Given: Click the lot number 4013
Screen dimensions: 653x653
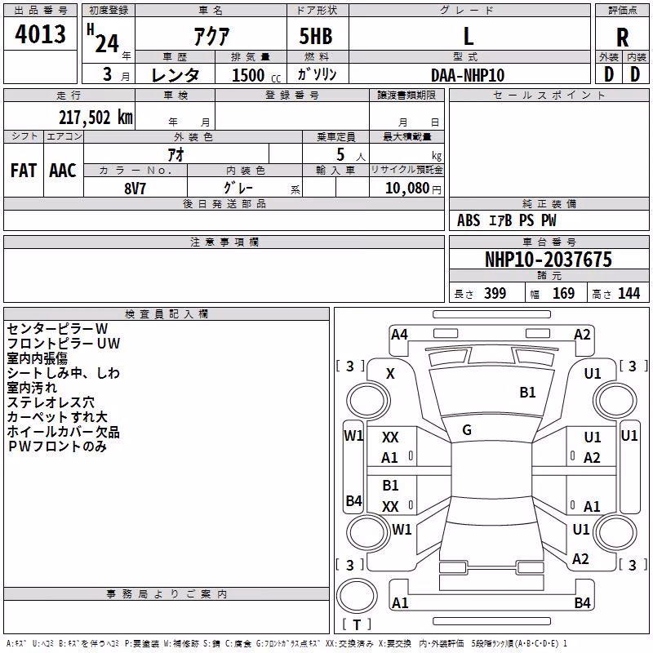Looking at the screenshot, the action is tap(40, 34).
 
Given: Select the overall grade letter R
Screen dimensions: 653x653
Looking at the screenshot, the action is tap(622, 38).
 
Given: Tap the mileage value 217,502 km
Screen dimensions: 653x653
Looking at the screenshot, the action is tap(96, 118).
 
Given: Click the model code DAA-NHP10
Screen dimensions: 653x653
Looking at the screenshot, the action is tap(468, 75).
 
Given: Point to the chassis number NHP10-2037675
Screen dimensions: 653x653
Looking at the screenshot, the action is tap(549, 260).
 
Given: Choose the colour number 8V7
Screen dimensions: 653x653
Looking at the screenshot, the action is tap(135, 189).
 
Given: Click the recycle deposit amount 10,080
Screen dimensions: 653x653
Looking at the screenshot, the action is tap(406, 189).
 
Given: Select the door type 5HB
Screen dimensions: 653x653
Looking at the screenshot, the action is tap(316, 36).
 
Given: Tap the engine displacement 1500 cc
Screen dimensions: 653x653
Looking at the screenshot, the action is tap(256, 75).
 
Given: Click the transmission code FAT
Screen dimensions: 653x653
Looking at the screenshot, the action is tap(24, 171).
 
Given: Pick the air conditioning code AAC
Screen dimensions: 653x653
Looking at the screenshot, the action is tap(63, 171).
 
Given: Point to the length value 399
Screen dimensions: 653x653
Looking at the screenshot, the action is tap(495, 293).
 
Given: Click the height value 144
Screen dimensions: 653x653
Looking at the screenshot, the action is tap(629, 293).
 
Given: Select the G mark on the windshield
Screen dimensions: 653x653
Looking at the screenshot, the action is tap(467, 430).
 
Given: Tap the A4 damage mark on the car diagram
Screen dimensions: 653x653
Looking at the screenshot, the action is tap(399, 335).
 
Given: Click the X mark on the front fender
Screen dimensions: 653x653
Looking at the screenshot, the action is tap(390, 374).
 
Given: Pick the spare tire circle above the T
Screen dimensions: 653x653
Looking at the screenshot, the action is tap(357, 596).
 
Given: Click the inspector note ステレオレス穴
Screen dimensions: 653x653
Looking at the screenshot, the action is tap(51, 402).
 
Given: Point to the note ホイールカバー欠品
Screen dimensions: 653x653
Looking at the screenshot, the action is tap(64, 432).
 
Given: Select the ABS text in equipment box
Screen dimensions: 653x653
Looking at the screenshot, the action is tap(469, 220).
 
